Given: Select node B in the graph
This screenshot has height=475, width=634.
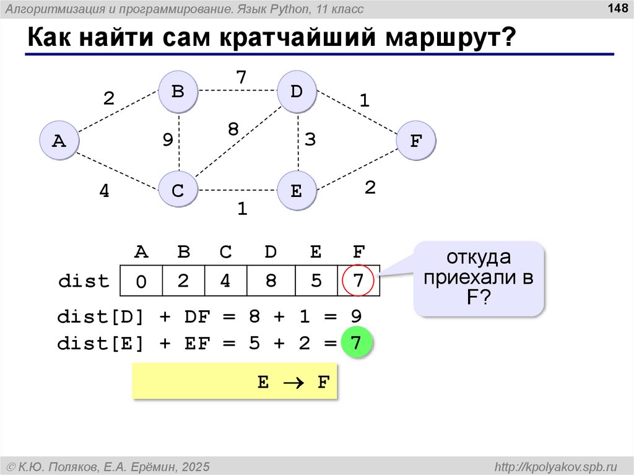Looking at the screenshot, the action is [178, 92].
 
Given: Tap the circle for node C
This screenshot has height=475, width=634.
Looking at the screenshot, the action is [178, 191].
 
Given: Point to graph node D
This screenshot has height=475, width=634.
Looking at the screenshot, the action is [297, 92].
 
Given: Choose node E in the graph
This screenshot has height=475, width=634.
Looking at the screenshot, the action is [297, 191].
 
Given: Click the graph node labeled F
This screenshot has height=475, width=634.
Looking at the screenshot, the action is [415, 141].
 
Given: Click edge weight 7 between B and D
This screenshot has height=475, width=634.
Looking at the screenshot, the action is [241, 77].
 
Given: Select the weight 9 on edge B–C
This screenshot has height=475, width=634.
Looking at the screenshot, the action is [168, 141].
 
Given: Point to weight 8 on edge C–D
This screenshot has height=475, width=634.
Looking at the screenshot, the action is [233, 129].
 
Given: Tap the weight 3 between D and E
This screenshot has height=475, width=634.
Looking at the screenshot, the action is [310, 140].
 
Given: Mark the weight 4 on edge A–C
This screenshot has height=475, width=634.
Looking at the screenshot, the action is [105, 192].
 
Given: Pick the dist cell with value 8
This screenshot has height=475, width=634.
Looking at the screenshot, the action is [271, 281].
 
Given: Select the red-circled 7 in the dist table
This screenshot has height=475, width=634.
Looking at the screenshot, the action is [358, 281].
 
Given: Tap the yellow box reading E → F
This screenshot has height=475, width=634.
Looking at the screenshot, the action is [235, 382].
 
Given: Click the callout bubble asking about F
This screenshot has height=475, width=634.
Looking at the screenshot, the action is [479, 278].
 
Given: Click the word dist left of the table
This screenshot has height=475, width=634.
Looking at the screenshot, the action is [83, 281].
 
